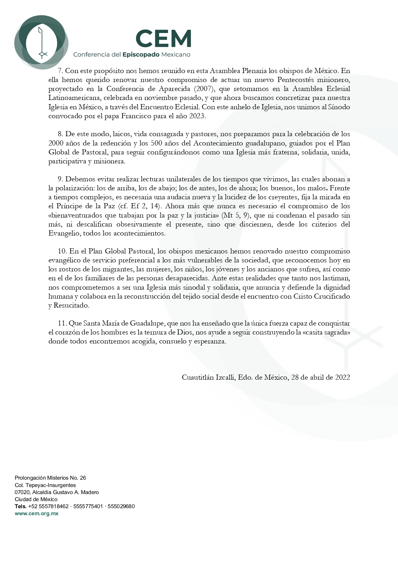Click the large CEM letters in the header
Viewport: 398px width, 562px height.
pyautogui.click(x=164, y=38)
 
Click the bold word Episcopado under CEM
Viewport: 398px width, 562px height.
pyautogui.click(x=141, y=55)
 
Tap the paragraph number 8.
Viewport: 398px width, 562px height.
pyautogui.click(x=60, y=134)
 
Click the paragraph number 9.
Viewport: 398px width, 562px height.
pyautogui.click(x=60, y=179)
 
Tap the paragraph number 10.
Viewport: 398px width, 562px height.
pyautogui.click(x=62, y=251)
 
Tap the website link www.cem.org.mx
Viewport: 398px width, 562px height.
pyautogui.click(x=37, y=513)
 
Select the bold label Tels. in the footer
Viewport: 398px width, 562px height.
pyautogui.click(x=21, y=506)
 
